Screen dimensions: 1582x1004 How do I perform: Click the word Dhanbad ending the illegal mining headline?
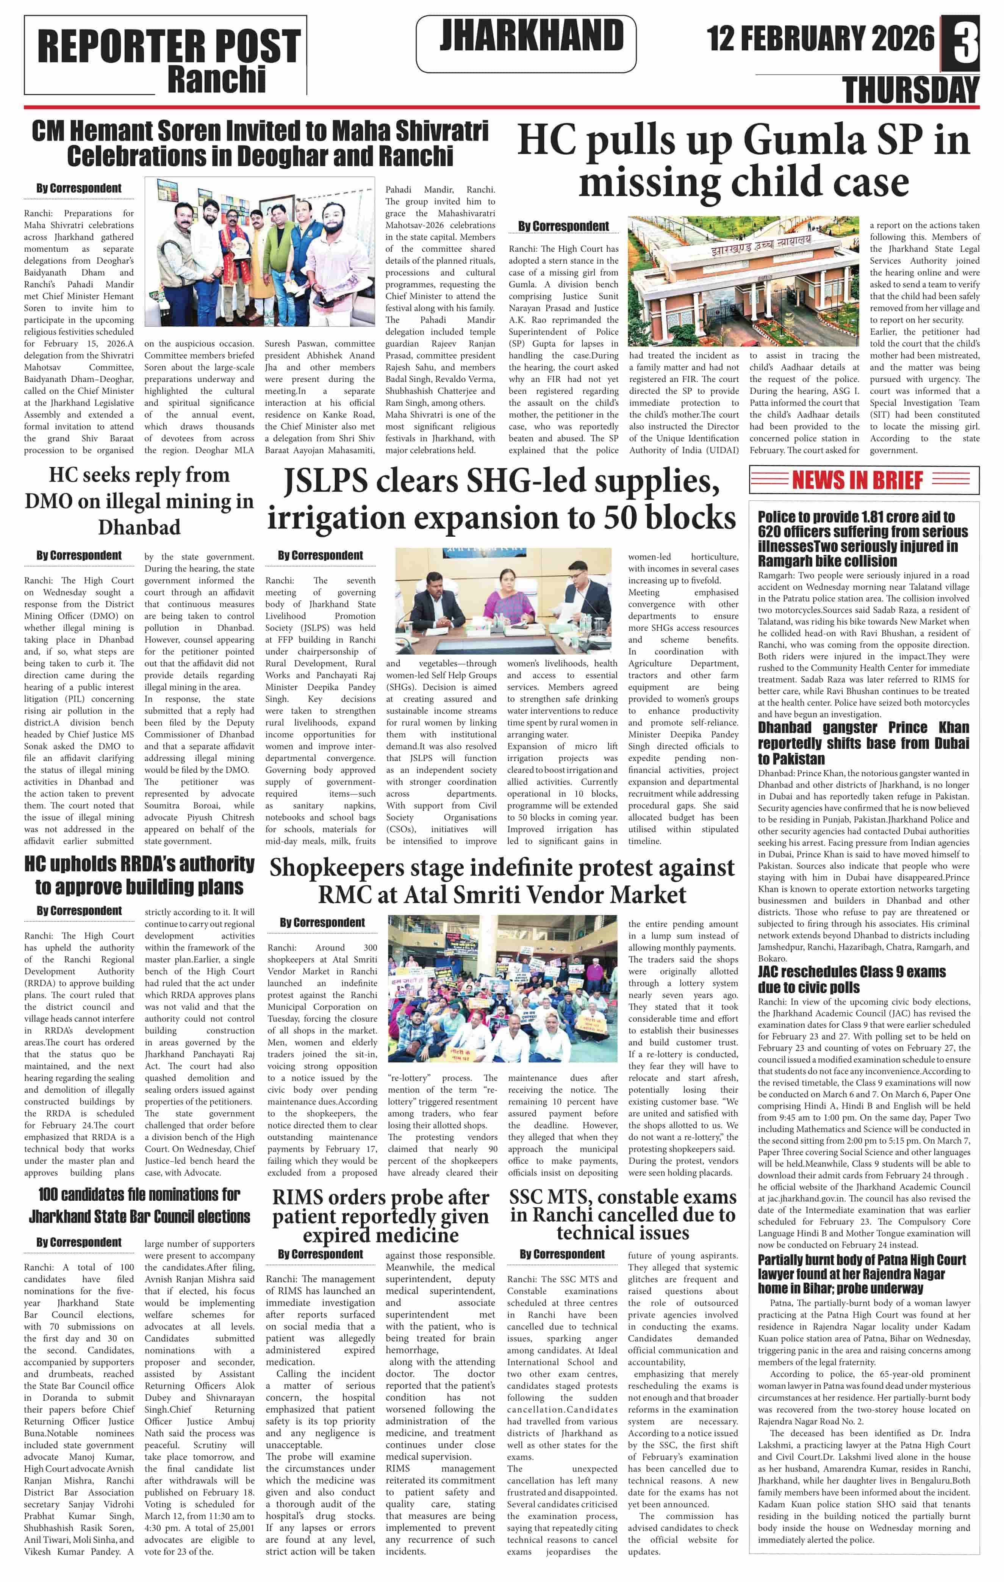[x=139, y=528]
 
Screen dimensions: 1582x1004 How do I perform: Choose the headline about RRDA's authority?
[x=139, y=875]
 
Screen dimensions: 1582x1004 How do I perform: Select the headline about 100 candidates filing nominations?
[x=139, y=1206]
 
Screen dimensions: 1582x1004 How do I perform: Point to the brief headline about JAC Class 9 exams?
[x=852, y=979]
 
